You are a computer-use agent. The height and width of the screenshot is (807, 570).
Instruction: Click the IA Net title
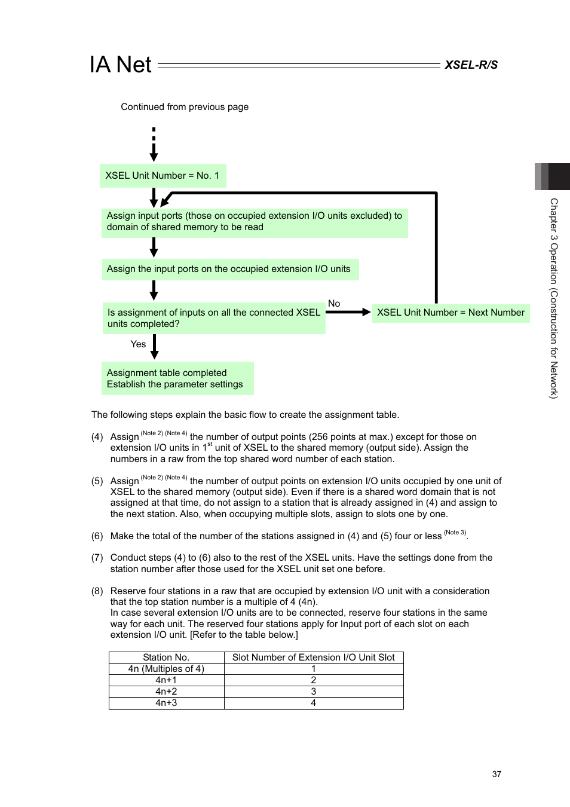(121, 65)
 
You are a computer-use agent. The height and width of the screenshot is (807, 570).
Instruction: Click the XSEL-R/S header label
(471, 65)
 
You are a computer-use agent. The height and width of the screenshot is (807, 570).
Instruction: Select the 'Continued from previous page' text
(185, 107)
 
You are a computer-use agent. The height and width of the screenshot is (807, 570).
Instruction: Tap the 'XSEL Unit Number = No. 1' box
(163, 176)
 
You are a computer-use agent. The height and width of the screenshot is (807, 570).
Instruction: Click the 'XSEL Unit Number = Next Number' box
(451, 313)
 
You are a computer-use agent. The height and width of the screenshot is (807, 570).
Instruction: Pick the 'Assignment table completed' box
(177, 378)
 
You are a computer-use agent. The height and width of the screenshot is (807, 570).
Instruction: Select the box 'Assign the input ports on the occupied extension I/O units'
(230, 269)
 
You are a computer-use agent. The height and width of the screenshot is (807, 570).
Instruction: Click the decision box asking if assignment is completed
(214, 318)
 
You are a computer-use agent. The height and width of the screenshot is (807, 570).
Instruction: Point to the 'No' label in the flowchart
(334, 304)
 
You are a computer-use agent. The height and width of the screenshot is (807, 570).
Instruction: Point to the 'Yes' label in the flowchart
(138, 344)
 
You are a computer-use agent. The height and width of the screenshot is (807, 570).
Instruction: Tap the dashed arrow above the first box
(154, 144)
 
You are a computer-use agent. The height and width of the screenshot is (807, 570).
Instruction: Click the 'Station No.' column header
(166, 658)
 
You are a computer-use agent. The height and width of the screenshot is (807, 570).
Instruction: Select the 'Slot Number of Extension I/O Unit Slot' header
(313, 658)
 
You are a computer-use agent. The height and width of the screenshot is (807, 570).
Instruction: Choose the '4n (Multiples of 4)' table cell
(166, 669)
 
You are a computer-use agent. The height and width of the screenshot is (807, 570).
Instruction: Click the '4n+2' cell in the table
(166, 692)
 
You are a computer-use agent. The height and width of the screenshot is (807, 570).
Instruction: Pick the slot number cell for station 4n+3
(313, 703)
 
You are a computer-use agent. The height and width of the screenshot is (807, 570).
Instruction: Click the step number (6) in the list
(97, 536)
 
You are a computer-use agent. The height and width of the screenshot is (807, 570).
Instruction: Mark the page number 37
(497, 774)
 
